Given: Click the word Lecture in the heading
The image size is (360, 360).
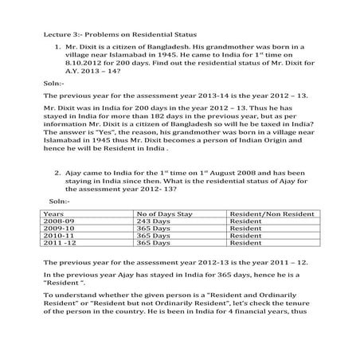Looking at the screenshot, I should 57,37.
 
